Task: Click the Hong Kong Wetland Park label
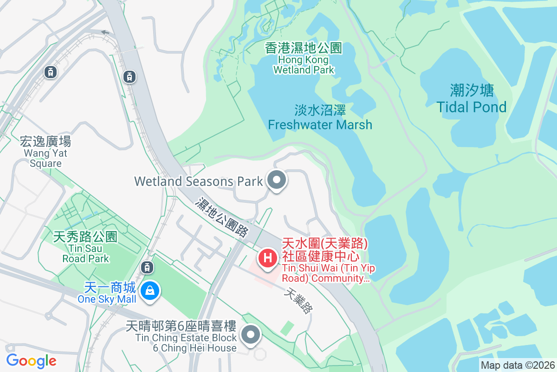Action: [304, 59]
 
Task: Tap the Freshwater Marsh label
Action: [320, 117]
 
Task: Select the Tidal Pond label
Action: [472, 99]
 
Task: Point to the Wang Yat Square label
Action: [45, 152]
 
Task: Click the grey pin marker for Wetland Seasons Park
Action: [277, 180]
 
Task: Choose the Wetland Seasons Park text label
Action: [199, 181]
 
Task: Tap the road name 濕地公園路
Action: [222, 217]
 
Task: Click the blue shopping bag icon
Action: [150, 292]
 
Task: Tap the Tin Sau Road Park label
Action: [85, 247]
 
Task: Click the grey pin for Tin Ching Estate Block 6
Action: [251, 334]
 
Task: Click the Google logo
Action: [31, 360]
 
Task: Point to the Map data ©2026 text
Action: [517, 365]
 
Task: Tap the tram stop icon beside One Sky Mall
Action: [147, 267]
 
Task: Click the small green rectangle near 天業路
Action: [287, 328]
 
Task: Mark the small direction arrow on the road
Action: [106, 33]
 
